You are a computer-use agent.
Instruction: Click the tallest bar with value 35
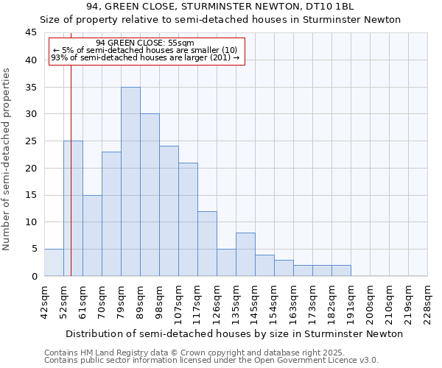click(x=130, y=182)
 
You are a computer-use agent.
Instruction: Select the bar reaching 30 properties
click(x=150, y=195)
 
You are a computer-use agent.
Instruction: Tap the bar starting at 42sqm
click(x=54, y=263)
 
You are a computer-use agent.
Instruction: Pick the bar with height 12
click(x=207, y=244)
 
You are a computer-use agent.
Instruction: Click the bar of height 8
click(x=245, y=255)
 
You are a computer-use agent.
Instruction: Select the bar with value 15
click(x=92, y=236)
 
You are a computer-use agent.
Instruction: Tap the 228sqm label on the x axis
click(x=428, y=300)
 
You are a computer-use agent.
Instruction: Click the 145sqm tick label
click(x=256, y=300)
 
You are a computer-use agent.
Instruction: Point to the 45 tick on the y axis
click(x=30, y=33)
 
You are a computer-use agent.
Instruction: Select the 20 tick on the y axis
click(x=30, y=168)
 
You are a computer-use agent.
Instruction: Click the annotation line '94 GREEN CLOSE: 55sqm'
click(x=145, y=43)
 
